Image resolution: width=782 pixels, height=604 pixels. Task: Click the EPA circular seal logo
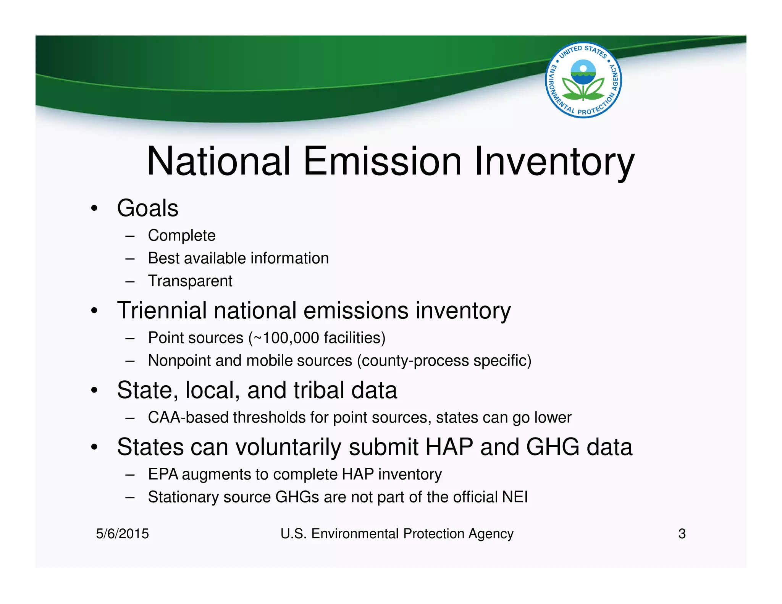tap(583, 80)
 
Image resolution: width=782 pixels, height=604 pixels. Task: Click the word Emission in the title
tap(382, 161)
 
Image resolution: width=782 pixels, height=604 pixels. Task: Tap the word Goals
tap(147, 208)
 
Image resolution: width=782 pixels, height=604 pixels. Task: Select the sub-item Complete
tap(181, 236)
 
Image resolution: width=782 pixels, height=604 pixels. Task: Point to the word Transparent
tap(190, 281)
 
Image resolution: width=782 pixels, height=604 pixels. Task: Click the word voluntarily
tap(288, 447)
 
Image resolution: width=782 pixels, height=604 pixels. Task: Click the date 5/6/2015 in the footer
tap(122, 534)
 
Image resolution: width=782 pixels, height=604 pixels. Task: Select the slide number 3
tap(682, 534)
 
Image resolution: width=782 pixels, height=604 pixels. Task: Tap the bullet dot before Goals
tap(94, 209)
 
